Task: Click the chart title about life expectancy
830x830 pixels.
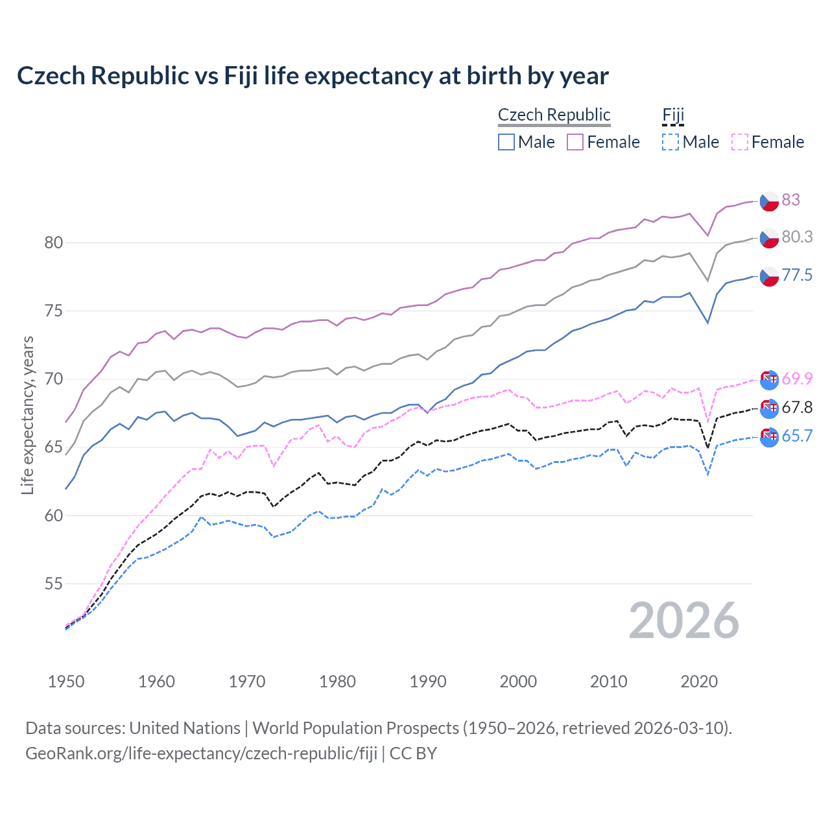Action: [x=313, y=76]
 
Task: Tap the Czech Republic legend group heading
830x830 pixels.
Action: [x=554, y=115]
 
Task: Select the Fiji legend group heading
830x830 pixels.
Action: [x=673, y=115]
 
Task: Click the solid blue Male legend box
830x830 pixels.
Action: [x=506, y=142]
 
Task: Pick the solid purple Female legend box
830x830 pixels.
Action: [x=575, y=142]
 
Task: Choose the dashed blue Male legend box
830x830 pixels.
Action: [x=670, y=142]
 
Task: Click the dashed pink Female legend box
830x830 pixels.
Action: [x=740, y=142]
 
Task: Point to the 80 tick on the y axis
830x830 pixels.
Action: [x=54, y=243]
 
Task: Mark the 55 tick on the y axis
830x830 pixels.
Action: [x=54, y=584]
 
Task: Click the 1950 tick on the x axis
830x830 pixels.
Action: [x=66, y=682]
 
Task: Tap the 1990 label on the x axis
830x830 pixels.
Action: [x=428, y=682]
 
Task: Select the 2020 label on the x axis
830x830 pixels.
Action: [x=699, y=682]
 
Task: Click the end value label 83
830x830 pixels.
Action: [x=790, y=200]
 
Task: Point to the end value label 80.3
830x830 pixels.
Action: [x=797, y=237]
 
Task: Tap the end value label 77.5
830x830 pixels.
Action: [x=797, y=275]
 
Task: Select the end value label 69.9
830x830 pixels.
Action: [x=797, y=379]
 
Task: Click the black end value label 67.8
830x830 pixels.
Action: [x=797, y=407]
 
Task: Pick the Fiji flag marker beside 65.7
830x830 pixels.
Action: [x=769, y=437]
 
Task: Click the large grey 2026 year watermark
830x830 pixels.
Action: [x=683, y=621]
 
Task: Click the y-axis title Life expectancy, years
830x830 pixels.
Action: [x=28, y=415]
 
